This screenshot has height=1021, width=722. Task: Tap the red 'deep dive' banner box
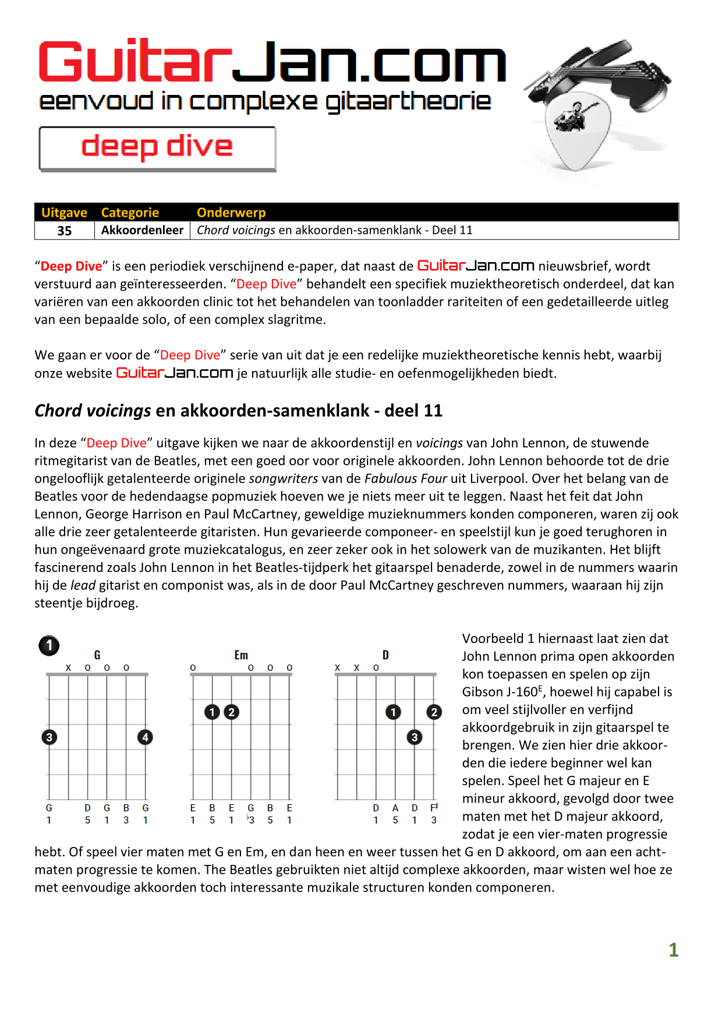157,148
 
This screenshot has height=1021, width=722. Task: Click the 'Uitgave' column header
64,213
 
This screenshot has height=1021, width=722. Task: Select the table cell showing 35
65,231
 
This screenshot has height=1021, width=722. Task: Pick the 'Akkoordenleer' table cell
142,230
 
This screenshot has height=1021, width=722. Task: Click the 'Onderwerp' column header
231,213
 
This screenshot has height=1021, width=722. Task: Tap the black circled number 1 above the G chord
49,645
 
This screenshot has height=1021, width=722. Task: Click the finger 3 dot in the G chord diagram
49,737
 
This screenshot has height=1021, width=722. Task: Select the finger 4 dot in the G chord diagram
145,737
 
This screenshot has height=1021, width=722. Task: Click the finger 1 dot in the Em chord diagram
213,712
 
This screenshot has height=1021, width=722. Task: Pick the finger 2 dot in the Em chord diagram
232,712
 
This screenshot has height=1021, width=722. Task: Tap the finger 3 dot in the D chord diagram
415,737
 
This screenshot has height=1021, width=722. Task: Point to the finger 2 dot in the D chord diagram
434,712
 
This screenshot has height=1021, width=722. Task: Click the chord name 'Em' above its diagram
241,655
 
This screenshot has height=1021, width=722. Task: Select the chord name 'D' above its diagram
385,655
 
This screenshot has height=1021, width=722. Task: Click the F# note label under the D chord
434,808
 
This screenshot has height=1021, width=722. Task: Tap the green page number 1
674,950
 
